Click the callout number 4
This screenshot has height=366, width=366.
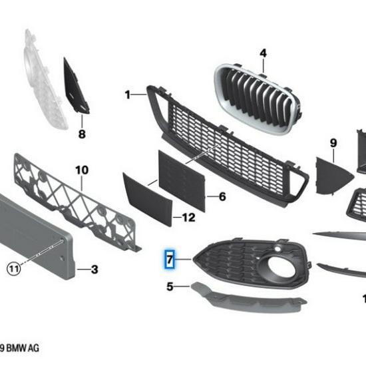[x=262, y=53]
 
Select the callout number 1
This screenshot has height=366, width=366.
[x=127, y=95]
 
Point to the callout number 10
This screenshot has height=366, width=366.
[x=81, y=170]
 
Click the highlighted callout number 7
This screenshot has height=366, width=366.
[x=170, y=259]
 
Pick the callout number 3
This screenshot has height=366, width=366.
[x=94, y=270]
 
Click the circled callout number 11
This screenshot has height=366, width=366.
[x=13, y=269]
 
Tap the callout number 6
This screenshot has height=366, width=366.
[x=222, y=196]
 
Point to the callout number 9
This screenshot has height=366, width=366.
[x=333, y=142]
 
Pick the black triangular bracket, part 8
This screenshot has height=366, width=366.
[x=75, y=87]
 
